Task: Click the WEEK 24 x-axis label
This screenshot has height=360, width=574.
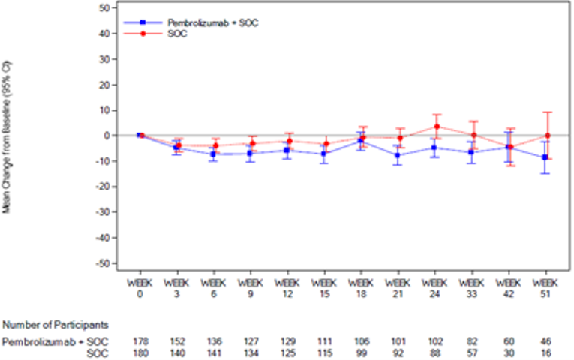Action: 435,287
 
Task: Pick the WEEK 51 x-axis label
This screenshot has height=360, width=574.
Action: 545,287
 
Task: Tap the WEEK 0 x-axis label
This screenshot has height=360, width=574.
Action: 140,287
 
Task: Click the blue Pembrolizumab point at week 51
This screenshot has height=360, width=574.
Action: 545,157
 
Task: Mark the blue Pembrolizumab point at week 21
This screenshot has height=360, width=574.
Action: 398,156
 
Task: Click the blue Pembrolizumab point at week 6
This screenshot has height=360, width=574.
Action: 214,154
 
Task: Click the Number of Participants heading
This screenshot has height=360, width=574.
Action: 56,325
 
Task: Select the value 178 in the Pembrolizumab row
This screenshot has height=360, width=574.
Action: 140,342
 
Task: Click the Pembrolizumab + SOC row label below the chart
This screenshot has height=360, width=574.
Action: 56,342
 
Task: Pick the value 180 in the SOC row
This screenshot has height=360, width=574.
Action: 140,352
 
